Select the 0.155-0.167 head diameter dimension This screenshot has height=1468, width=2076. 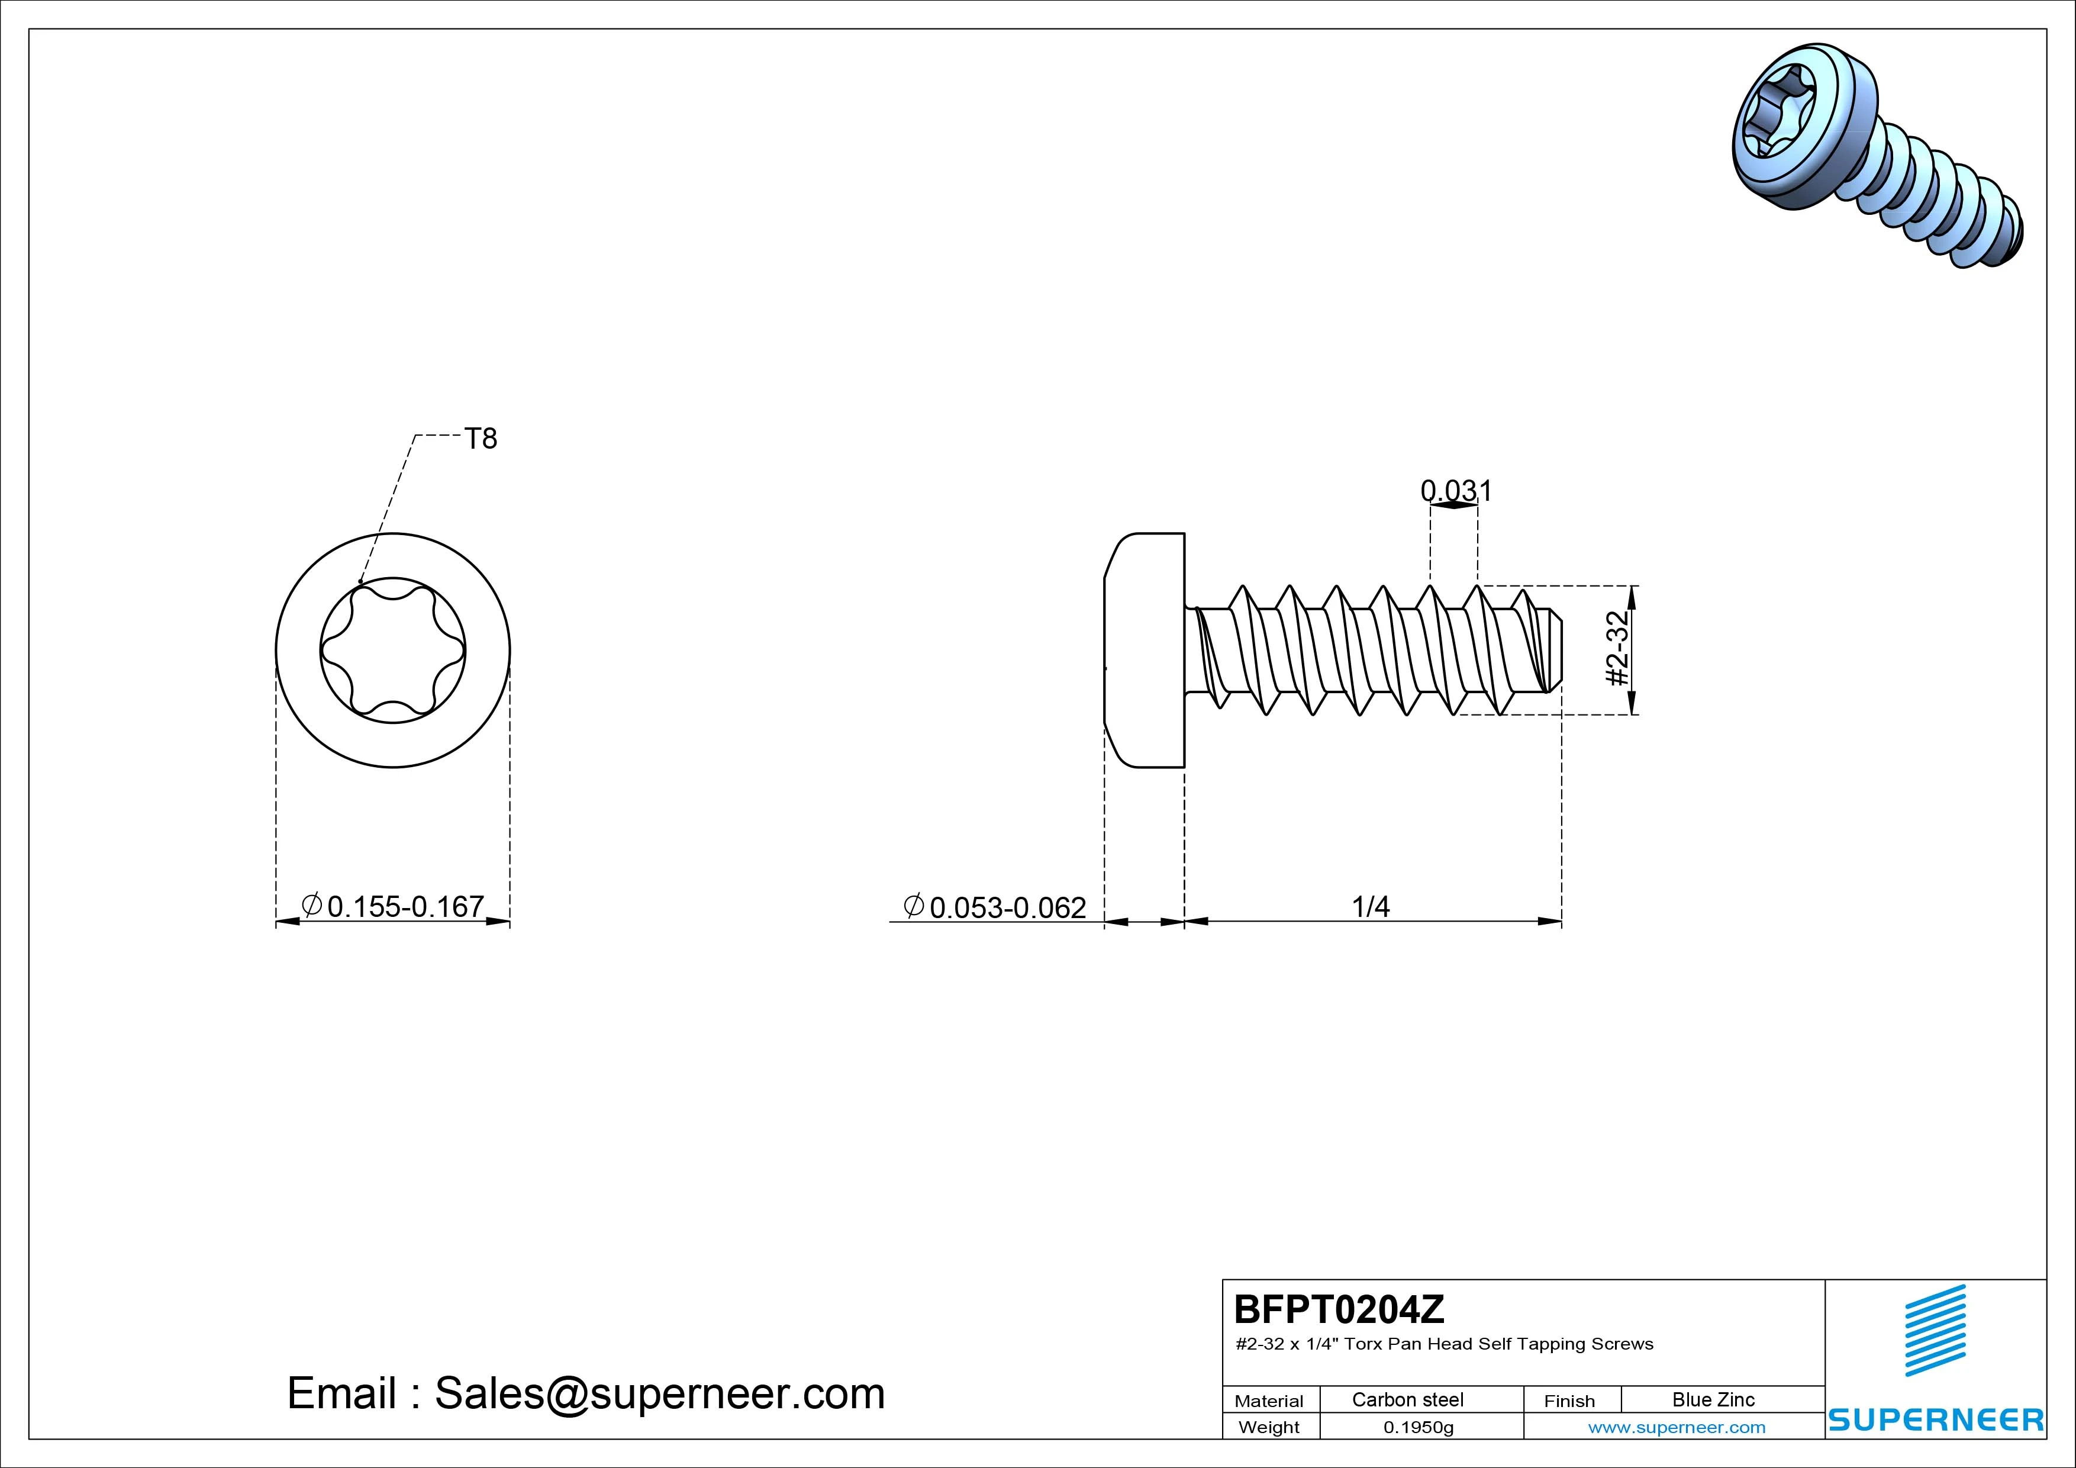click(394, 906)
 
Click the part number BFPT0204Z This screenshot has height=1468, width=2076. click(1339, 1309)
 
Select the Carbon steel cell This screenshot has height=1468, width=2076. click(1408, 1399)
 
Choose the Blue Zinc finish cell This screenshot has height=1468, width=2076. click(1713, 1399)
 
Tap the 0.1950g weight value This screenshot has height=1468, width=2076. click(1419, 1427)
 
